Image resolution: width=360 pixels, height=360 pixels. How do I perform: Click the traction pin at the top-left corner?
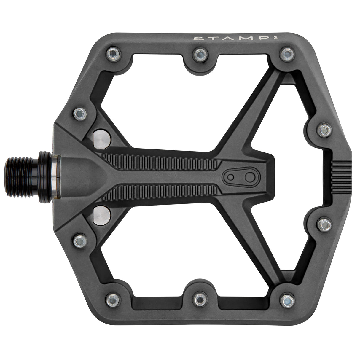pyautogui.click(x=113, y=54)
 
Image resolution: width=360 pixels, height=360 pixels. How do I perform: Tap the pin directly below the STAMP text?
pyautogui.click(x=286, y=53)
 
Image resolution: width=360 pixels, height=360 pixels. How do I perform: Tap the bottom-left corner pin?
pyautogui.click(x=113, y=300)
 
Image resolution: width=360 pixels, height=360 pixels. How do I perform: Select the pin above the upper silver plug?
pyautogui.click(x=80, y=113)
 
